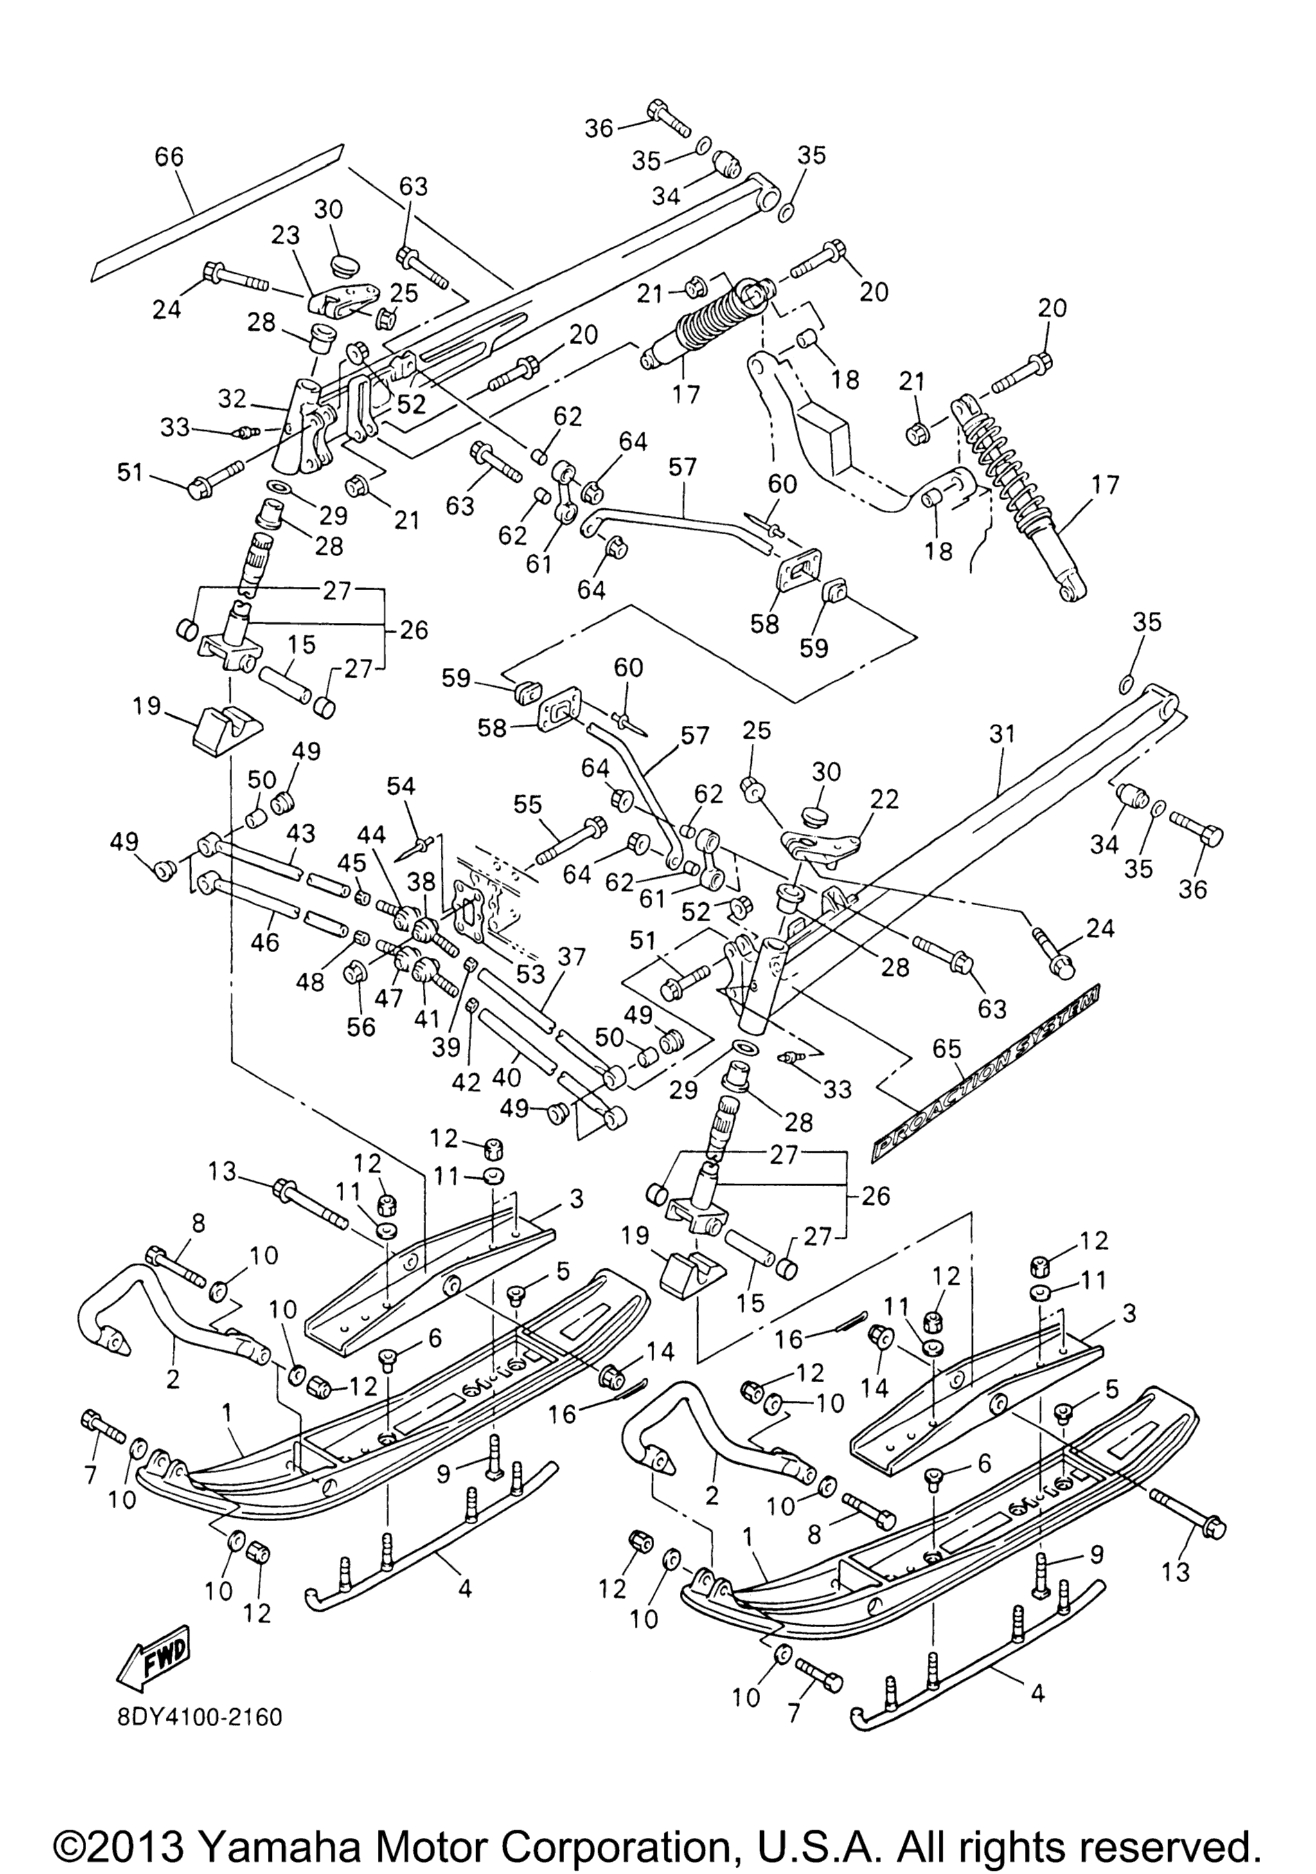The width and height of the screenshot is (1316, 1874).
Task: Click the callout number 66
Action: click(x=169, y=157)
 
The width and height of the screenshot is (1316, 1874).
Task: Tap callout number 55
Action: click(x=527, y=805)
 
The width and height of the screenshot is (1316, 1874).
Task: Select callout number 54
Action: click(x=400, y=787)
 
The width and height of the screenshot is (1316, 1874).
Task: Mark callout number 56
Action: click(x=360, y=1026)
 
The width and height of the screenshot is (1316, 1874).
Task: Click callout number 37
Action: click(x=571, y=957)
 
